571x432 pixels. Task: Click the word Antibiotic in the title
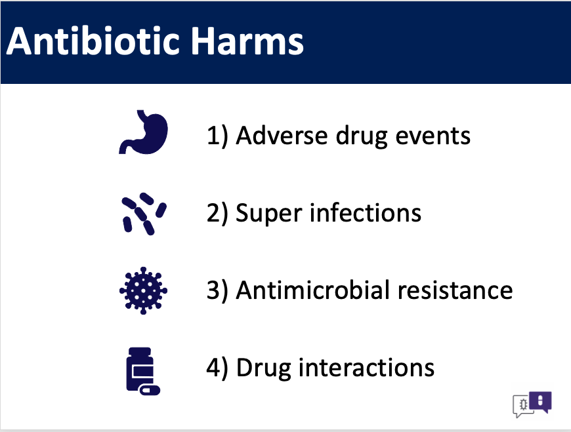[93, 41]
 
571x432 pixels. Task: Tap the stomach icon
[144, 132]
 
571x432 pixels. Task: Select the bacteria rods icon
[144, 214]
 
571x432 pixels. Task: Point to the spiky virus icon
[144, 290]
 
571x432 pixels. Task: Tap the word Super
[268, 214]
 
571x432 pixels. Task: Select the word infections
[366, 213]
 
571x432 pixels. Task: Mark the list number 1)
[217, 136]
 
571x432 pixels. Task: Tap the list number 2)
[217, 214]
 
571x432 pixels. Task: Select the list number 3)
[217, 291]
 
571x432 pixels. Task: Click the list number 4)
[217, 368]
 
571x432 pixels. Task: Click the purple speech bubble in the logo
[540, 401]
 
